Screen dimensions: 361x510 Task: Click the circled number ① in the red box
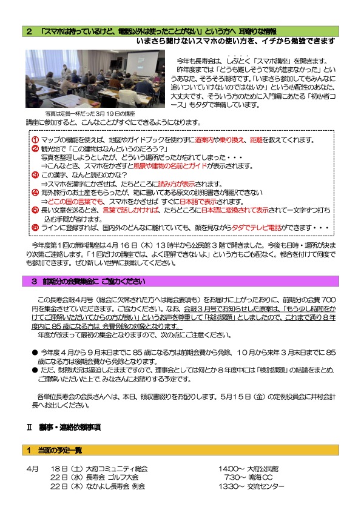(35, 141)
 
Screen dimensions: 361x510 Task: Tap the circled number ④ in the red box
(35, 192)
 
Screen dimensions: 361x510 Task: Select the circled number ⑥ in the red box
(35, 227)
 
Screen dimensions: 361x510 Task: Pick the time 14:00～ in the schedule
(231, 469)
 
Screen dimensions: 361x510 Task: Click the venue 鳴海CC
(261, 477)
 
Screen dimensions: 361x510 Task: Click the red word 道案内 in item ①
(205, 141)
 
